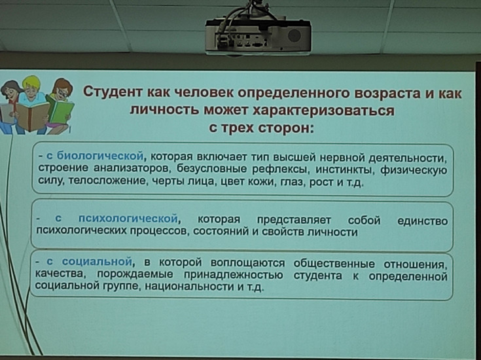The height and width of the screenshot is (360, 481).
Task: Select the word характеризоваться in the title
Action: pyautogui.click(x=323, y=110)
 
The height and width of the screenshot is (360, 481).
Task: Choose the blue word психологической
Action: pyautogui.click(x=128, y=219)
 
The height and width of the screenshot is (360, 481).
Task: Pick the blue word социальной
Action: pyautogui.click(x=97, y=262)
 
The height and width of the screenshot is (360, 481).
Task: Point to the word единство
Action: pyautogui.click(x=422, y=221)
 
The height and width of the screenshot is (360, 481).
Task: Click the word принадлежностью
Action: pyautogui.click(x=234, y=275)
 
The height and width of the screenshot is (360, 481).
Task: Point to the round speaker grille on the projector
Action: pyautogui.click(x=294, y=35)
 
